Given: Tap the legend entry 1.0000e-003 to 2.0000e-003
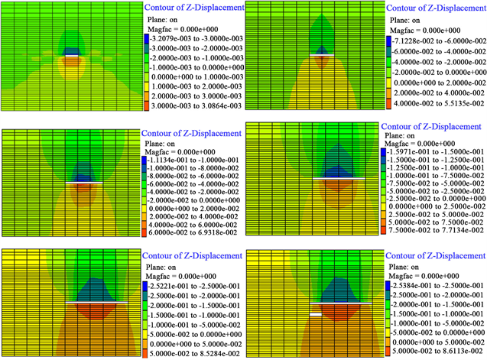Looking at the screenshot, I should point(196,79).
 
